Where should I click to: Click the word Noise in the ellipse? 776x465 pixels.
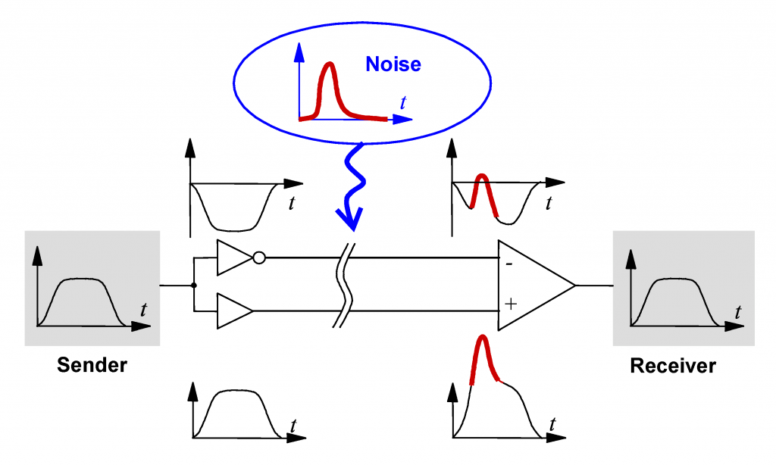393,64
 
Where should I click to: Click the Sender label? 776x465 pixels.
92,365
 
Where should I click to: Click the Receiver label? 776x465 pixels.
673,366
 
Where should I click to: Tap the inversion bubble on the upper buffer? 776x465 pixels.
259,257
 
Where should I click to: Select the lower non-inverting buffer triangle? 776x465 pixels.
235,311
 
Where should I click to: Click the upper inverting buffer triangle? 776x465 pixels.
235,257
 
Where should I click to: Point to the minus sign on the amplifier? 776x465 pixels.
509,264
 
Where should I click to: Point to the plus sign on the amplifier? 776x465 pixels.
510,303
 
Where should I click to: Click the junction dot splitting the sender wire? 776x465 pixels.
194,286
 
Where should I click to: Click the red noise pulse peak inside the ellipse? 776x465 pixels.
328,64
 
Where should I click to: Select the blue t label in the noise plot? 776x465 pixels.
403,103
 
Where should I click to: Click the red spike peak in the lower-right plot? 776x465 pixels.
482,336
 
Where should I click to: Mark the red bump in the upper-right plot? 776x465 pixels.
483,194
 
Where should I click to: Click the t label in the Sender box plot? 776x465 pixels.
143,311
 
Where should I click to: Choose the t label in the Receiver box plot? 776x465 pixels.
738,312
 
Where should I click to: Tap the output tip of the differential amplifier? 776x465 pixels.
575,286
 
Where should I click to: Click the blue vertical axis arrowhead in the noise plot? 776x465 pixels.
299,52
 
